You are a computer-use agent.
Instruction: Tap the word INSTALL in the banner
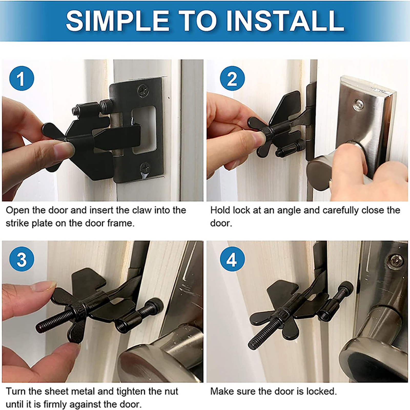tap(285, 21)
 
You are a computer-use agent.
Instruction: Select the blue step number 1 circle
tap(22, 78)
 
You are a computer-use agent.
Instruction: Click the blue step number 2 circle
tap(232, 78)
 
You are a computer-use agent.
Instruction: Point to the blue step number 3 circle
tap(22, 259)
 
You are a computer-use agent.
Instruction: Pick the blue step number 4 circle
tap(232, 259)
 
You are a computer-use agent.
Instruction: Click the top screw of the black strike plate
tap(143, 91)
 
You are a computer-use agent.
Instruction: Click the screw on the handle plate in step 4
tap(395, 261)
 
